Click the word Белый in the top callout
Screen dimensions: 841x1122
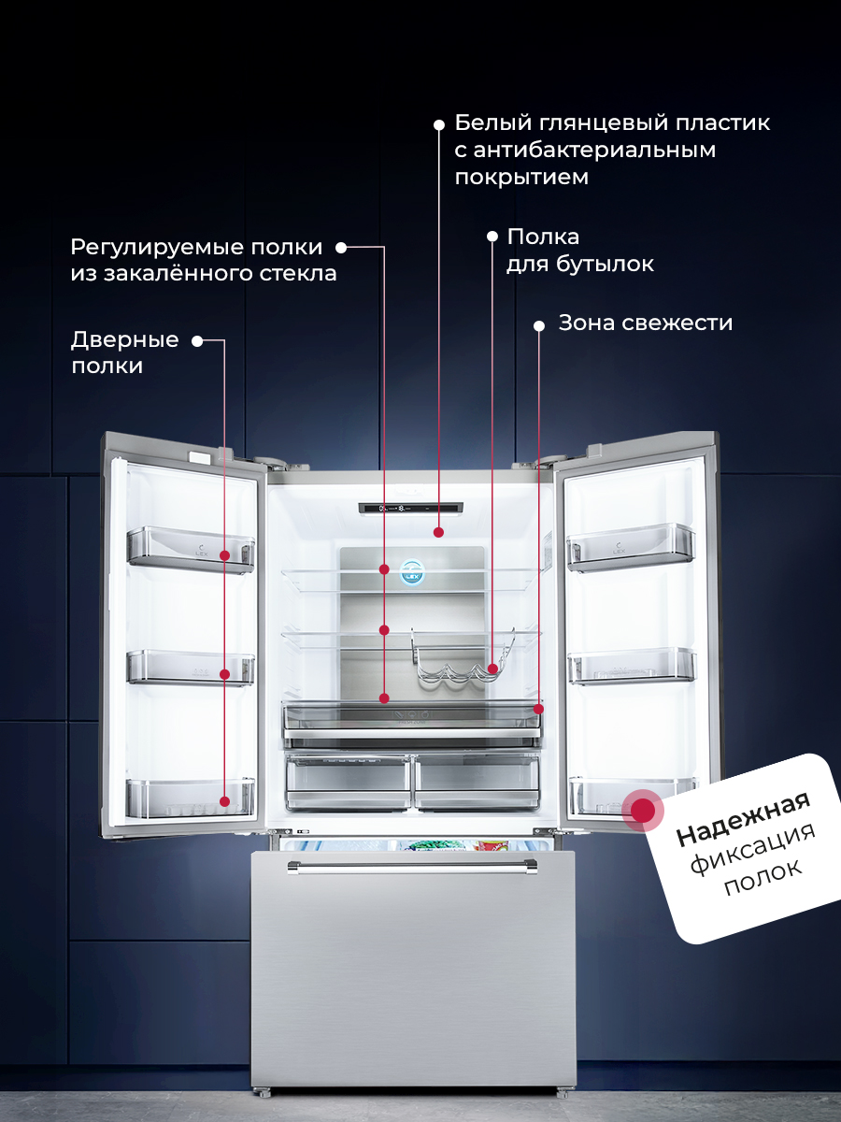click(489, 122)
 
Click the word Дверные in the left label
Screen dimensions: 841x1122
click(125, 340)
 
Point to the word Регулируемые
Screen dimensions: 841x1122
click(150, 249)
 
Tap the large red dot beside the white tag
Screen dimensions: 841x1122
click(642, 810)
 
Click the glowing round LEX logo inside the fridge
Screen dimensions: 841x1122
click(412, 572)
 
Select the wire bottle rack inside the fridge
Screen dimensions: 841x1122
click(463, 657)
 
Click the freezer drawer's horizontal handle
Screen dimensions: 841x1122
click(412, 867)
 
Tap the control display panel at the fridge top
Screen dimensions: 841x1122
click(410, 509)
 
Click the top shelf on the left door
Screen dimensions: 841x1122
click(191, 550)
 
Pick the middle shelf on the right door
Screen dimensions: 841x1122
click(632, 666)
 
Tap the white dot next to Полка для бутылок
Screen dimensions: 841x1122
click(492, 237)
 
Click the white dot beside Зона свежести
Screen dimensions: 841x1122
click(539, 325)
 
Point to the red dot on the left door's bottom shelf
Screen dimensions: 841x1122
click(224, 801)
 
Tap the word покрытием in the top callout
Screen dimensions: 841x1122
click(521, 178)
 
